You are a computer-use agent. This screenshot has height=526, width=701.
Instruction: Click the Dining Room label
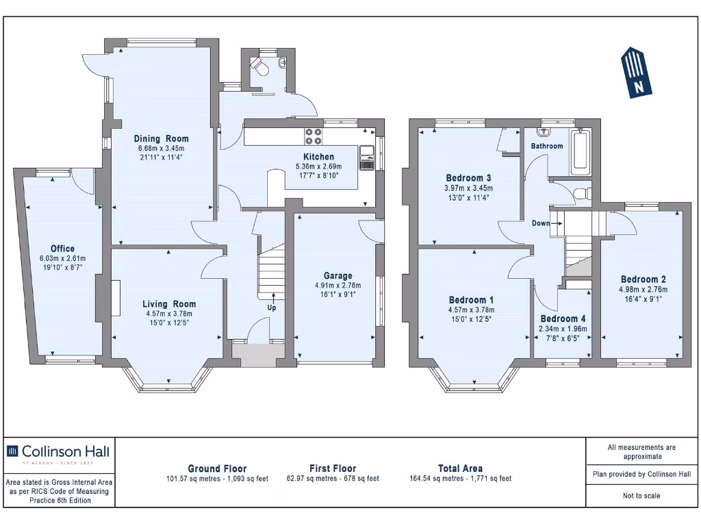click(161, 138)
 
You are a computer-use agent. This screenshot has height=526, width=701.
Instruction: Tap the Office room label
click(62, 249)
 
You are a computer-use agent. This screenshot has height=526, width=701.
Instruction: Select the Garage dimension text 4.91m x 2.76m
click(338, 286)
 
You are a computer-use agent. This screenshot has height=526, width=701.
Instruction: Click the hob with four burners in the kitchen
click(313, 136)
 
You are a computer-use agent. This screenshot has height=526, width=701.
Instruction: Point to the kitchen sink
click(367, 158)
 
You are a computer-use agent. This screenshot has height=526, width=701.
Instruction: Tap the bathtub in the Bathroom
click(580, 152)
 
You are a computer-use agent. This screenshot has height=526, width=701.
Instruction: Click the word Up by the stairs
click(272, 308)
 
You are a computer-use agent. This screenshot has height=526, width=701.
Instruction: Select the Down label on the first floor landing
click(541, 223)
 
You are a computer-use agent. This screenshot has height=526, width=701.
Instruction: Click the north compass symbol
click(636, 73)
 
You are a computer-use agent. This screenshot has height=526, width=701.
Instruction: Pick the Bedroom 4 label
click(563, 319)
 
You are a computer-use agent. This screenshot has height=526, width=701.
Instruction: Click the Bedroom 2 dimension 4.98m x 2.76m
click(643, 290)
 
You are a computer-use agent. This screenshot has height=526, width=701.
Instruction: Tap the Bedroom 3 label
click(468, 178)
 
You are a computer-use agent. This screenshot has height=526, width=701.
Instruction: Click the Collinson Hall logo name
click(65, 451)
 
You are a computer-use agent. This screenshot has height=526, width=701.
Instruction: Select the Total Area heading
click(461, 468)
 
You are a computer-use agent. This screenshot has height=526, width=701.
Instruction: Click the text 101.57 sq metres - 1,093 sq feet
click(217, 479)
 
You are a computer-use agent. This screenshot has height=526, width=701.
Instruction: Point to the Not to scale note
click(641, 496)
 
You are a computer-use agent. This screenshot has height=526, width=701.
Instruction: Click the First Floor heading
click(333, 468)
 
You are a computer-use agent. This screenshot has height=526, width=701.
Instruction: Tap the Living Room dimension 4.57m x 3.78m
click(169, 314)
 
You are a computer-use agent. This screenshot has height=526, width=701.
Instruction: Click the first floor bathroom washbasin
click(545, 132)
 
